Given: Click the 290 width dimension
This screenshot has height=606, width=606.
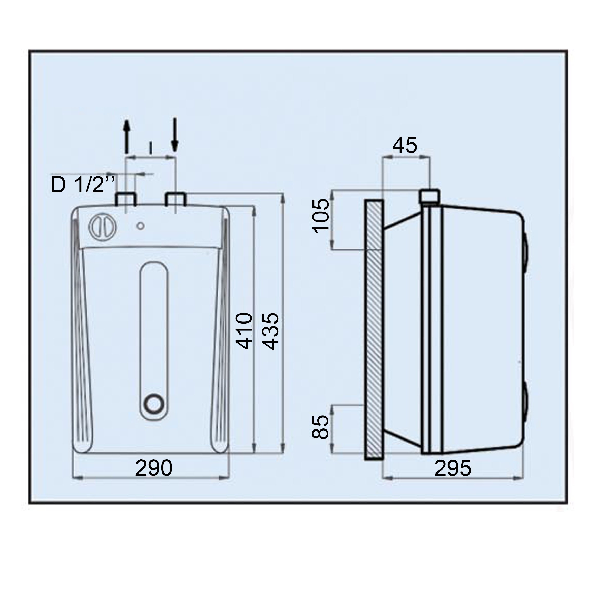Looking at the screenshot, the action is [154, 468].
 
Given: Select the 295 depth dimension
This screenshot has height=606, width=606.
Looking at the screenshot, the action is [453, 468].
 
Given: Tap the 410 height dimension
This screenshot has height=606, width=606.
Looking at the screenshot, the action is [244, 331].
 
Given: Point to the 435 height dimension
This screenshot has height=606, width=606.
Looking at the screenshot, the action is [270, 331].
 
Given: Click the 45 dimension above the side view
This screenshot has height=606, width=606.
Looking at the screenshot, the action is [405, 145].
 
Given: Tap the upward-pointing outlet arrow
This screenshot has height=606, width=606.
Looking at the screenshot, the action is [126, 137].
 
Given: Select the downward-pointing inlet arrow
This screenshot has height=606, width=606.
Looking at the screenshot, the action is [175, 134].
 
